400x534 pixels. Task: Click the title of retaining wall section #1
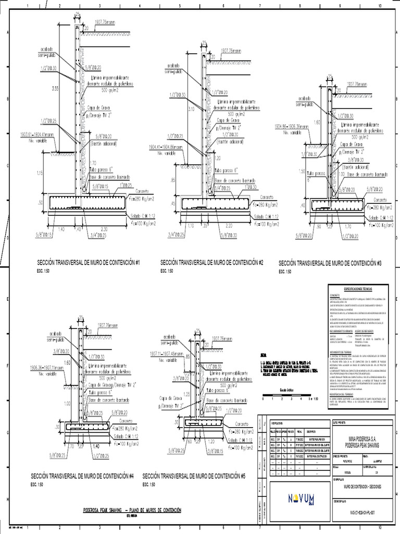click(88, 262)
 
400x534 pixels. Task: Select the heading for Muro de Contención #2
click(211, 262)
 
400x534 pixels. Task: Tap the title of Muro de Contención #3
click(330, 263)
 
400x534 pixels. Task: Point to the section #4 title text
click(82, 476)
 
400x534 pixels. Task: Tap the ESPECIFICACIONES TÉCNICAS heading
click(358, 288)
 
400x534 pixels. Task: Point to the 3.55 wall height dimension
click(55, 89)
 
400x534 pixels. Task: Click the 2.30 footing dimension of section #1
click(105, 229)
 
